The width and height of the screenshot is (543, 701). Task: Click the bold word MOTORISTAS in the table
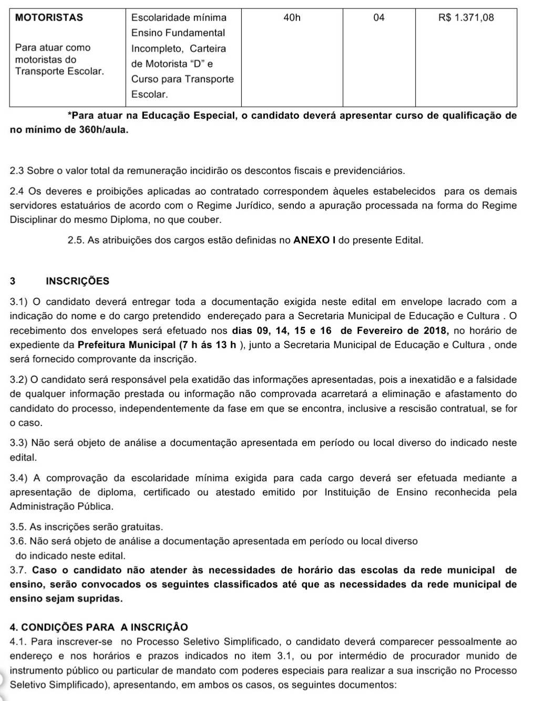(49, 17)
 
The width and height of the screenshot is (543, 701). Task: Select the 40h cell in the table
(292, 18)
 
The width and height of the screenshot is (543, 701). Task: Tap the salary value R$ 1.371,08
(466, 18)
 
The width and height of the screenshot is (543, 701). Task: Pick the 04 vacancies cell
(378, 18)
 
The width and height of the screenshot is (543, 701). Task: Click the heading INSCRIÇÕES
(78, 281)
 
